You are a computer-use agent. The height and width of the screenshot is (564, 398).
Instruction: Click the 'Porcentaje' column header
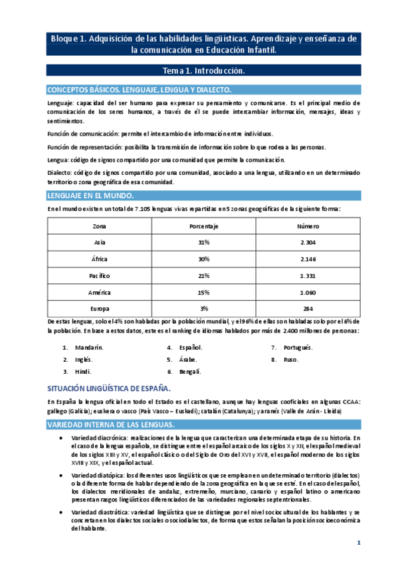(x=204, y=226)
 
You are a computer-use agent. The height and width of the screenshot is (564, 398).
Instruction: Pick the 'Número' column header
(x=307, y=226)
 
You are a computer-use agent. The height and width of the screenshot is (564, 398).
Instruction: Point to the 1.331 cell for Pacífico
(x=307, y=275)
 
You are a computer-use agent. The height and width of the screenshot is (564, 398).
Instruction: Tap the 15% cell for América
(x=204, y=291)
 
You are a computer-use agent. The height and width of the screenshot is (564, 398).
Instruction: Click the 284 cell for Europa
(x=307, y=308)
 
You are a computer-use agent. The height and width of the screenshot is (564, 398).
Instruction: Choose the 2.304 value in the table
(x=307, y=242)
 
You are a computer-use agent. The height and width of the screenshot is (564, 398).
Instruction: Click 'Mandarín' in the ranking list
(x=89, y=347)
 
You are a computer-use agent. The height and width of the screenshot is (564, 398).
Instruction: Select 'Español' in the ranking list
(x=191, y=347)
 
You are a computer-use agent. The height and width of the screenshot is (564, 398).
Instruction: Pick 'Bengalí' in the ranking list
(x=190, y=371)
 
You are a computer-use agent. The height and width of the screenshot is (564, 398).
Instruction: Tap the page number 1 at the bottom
(x=359, y=545)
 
